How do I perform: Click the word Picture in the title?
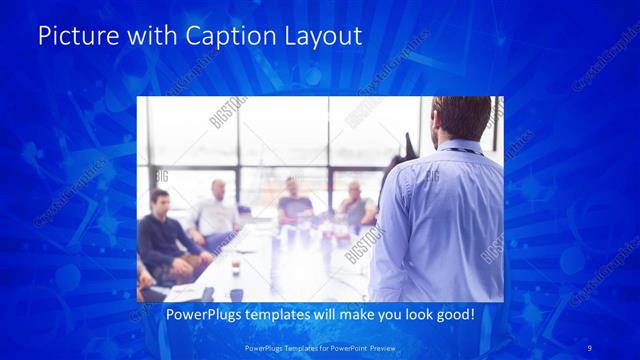[x=70, y=37]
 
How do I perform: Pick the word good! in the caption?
[x=452, y=315]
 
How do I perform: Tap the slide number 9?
[x=590, y=346]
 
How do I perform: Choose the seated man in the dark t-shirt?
[x=294, y=202]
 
